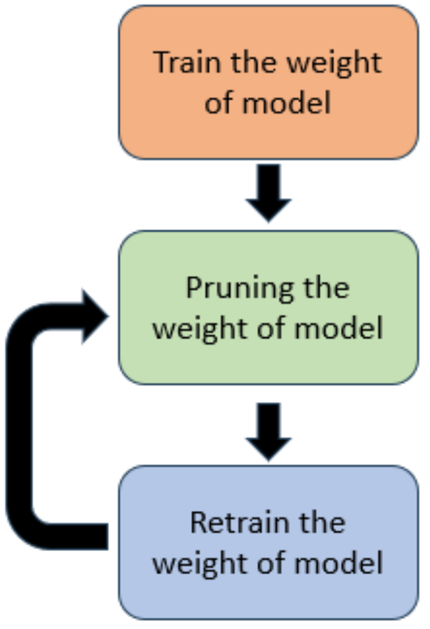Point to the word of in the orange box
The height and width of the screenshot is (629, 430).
[x=220, y=102]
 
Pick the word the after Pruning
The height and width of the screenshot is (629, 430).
[x=325, y=287]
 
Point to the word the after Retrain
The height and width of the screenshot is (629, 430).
[x=321, y=522]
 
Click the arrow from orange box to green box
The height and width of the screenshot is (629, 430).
[x=268, y=192]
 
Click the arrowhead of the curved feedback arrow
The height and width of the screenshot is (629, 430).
[x=94, y=317]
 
